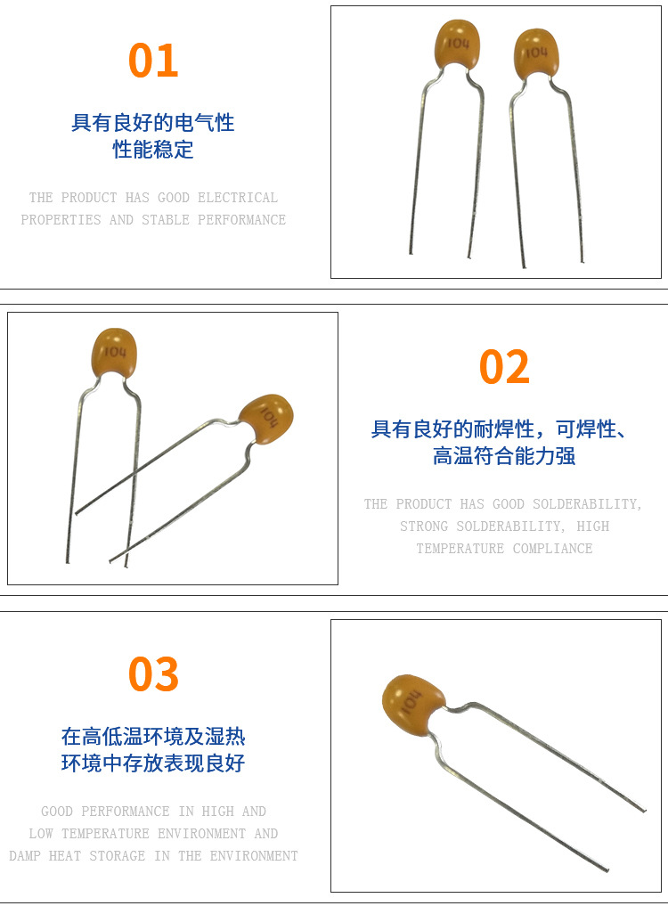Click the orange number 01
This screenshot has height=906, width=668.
(153, 60)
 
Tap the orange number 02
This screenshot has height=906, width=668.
(504, 367)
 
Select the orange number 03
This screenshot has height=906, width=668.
(153, 673)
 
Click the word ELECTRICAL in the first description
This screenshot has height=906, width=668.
(238, 198)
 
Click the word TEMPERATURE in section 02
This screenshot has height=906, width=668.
(460, 549)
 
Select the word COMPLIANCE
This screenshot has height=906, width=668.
(552, 549)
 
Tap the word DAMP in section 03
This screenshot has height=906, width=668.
(25, 856)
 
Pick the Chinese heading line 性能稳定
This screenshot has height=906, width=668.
(153, 150)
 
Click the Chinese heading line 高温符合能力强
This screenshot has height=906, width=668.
(504, 456)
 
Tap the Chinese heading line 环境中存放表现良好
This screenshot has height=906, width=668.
(153, 763)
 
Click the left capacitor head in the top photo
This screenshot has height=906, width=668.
(457, 44)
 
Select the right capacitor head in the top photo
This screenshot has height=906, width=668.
(536, 53)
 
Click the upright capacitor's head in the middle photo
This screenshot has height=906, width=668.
(115, 353)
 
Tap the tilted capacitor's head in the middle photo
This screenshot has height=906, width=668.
(266, 419)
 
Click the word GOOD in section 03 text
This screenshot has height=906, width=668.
(57, 812)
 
